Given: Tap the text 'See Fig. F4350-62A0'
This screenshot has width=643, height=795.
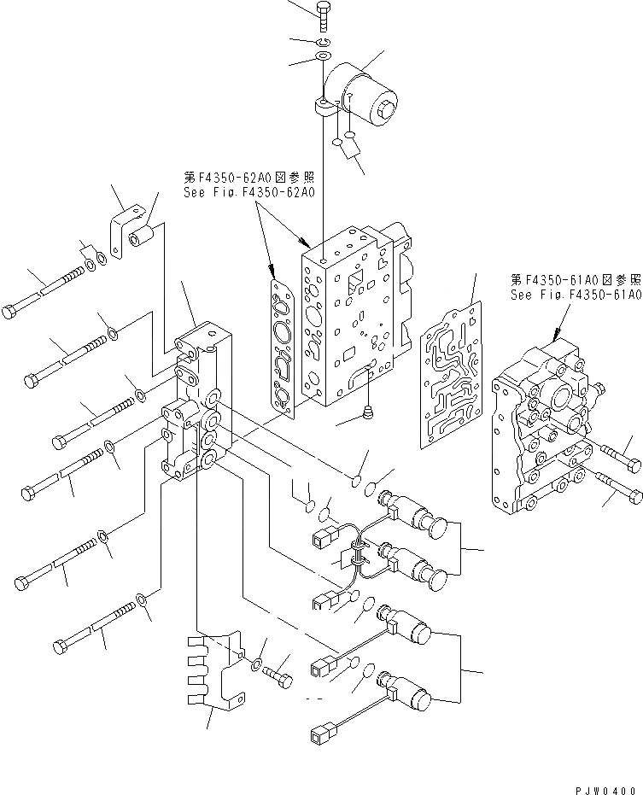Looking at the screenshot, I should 248,193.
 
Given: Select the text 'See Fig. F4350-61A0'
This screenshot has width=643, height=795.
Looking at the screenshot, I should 575,295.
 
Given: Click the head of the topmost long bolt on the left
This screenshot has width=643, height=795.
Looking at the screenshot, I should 10,312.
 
